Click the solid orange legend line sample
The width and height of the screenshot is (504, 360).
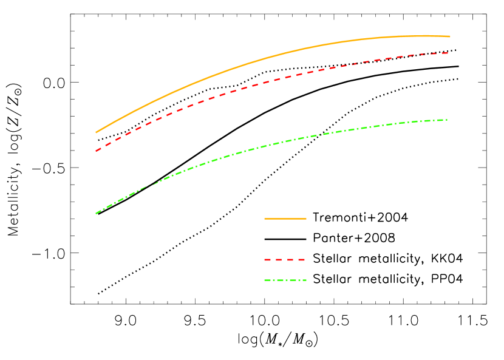point(285,219)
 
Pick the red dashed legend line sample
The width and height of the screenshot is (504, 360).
point(284,260)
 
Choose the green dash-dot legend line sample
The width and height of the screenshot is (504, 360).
point(285,280)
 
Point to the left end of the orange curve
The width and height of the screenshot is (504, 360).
point(96,132)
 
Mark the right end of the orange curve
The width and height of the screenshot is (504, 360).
point(450,36)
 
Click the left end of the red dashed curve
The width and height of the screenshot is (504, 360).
point(96,151)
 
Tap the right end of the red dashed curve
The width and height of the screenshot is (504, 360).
point(448,53)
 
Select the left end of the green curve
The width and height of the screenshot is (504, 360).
point(96,213)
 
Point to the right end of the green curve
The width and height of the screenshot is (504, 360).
point(448,120)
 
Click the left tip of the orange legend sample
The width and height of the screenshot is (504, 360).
point(265,219)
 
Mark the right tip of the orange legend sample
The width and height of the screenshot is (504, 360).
point(306,219)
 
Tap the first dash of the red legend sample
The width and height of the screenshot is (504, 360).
point(267,260)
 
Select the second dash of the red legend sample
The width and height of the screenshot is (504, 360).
point(279,260)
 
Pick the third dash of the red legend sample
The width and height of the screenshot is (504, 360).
point(290,260)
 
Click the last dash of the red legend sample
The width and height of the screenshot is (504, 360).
point(301,260)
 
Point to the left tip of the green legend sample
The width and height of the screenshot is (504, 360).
point(265,280)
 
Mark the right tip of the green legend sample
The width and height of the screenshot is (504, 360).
point(306,280)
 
